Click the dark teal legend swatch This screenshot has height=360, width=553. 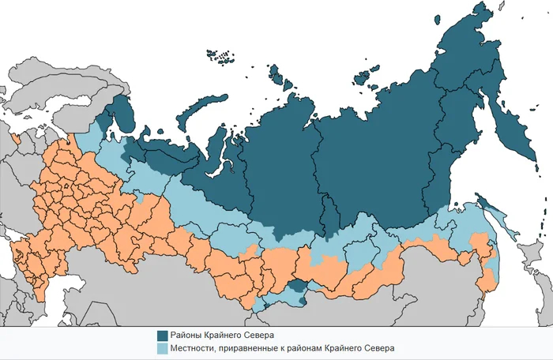tap(163, 334)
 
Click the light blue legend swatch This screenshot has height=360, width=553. tap(163, 347)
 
